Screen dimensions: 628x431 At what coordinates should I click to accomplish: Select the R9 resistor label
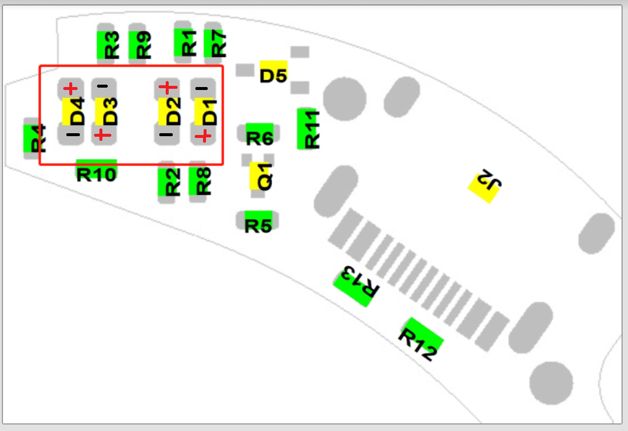click(x=143, y=44)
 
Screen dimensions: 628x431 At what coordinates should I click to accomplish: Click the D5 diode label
click(x=273, y=75)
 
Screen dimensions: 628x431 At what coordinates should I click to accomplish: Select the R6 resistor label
click(x=259, y=139)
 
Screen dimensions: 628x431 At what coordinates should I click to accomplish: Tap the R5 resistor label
click(x=258, y=226)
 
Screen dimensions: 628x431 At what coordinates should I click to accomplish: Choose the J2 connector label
click(x=486, y=182)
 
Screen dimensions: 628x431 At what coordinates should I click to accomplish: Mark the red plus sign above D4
click(x=70, y=89)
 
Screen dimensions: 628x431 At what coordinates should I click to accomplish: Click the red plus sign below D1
click(x=202, y=136)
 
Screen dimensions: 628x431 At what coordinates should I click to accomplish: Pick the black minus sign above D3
click(x=102, y=86)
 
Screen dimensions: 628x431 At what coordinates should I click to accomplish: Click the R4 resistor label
click(x=37, y=139)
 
